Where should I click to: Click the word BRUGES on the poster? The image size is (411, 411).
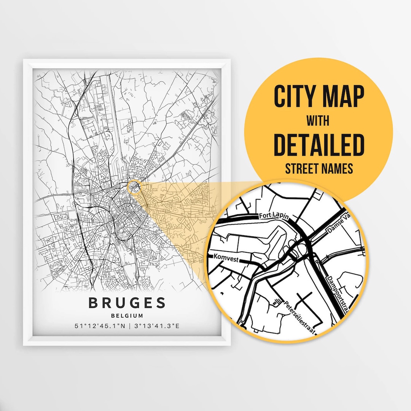(x=127, y=303)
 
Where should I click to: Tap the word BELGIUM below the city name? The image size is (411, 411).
(x=127, y=315)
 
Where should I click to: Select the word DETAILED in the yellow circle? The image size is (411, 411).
(x=319, y=144)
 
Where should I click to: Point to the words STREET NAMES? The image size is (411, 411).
(x=319, y=169)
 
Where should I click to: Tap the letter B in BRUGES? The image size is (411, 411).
(x=94, y=303)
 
